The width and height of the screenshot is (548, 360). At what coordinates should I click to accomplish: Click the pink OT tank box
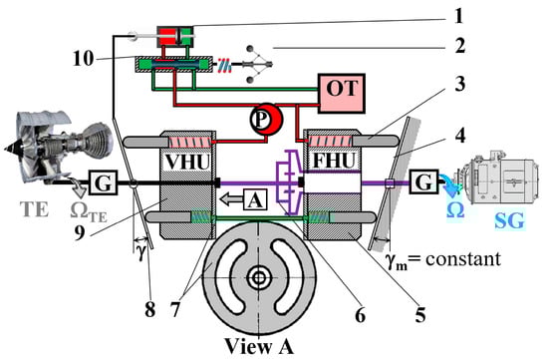tap(341, 93)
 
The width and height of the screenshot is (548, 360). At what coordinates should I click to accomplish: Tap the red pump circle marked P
tap(266, 120)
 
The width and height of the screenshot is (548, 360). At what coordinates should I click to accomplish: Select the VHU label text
tap(187, 162)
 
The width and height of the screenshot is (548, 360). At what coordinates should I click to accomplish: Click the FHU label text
tap(334, 161)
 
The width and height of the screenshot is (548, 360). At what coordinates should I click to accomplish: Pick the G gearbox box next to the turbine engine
tap(103, 182)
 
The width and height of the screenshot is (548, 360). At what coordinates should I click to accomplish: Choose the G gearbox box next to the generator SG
tap(423, 181)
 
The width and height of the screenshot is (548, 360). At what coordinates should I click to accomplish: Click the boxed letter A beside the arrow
tap(255, 199)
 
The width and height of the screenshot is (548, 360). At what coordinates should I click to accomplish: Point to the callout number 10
tap(83, 59)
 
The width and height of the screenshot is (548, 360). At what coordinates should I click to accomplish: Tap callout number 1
tap(459, 16)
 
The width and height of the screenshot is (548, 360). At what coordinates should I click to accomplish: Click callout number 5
tap(420, 314)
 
